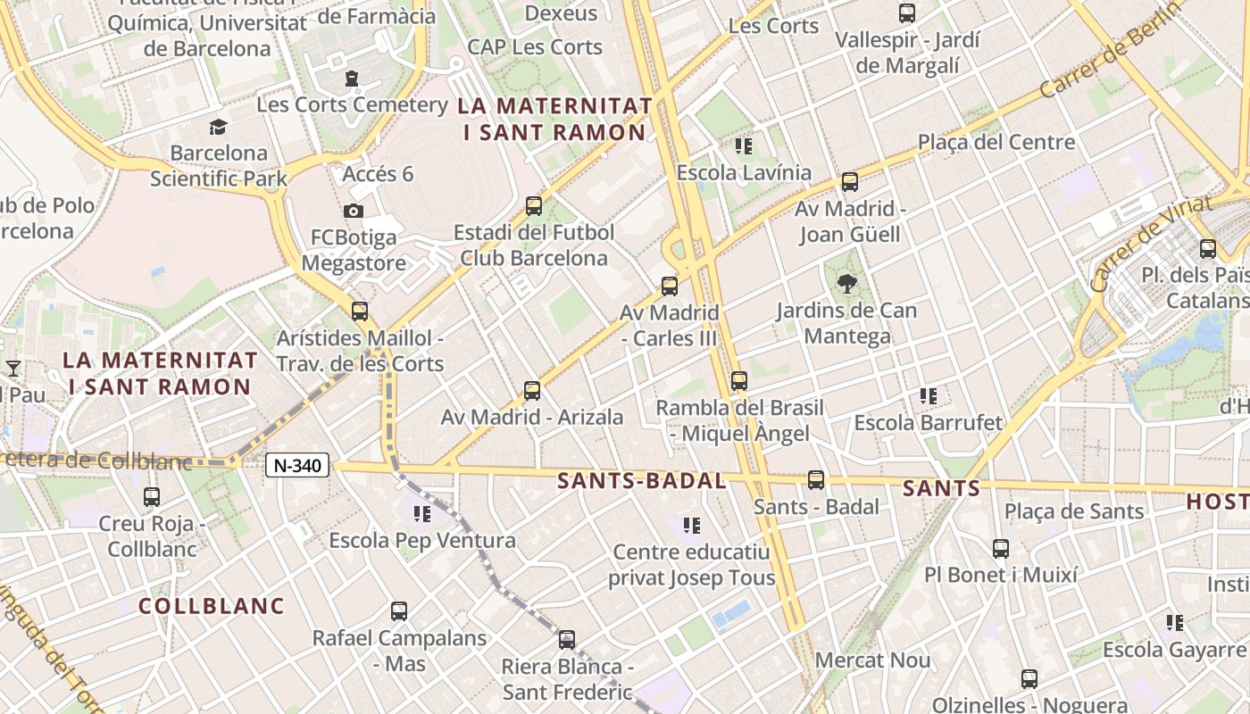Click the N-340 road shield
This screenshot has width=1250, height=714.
(297, 465)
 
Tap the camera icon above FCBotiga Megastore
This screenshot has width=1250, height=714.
(354, 211)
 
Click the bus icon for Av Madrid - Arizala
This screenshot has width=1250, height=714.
(532, 390)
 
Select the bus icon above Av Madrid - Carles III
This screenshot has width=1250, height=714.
(670, 286)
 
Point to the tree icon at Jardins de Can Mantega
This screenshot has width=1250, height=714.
(846, 285)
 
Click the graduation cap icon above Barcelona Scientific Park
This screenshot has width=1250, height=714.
(219, 127)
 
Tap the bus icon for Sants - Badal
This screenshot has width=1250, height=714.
(816, 480)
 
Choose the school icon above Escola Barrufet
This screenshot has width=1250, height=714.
(929, 395)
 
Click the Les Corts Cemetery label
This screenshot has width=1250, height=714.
(352, 104)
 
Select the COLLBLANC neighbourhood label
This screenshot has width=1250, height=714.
(212, 606)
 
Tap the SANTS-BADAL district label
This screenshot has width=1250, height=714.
(642, 481)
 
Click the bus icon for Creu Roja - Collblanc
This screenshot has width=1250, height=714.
(152, 497)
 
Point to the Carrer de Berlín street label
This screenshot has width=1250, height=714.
(1104, 60)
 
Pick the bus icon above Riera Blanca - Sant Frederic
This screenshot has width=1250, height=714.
(567, 640)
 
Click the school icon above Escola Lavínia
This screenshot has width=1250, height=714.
(744, 145)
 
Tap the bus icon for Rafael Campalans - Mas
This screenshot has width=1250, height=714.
(399, 611)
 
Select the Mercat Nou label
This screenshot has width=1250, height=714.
(873, 661)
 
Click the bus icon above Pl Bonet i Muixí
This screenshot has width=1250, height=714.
(1001, 548)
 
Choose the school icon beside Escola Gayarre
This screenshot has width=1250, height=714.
(1175, 622)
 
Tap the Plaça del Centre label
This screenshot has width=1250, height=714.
(996, 142)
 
